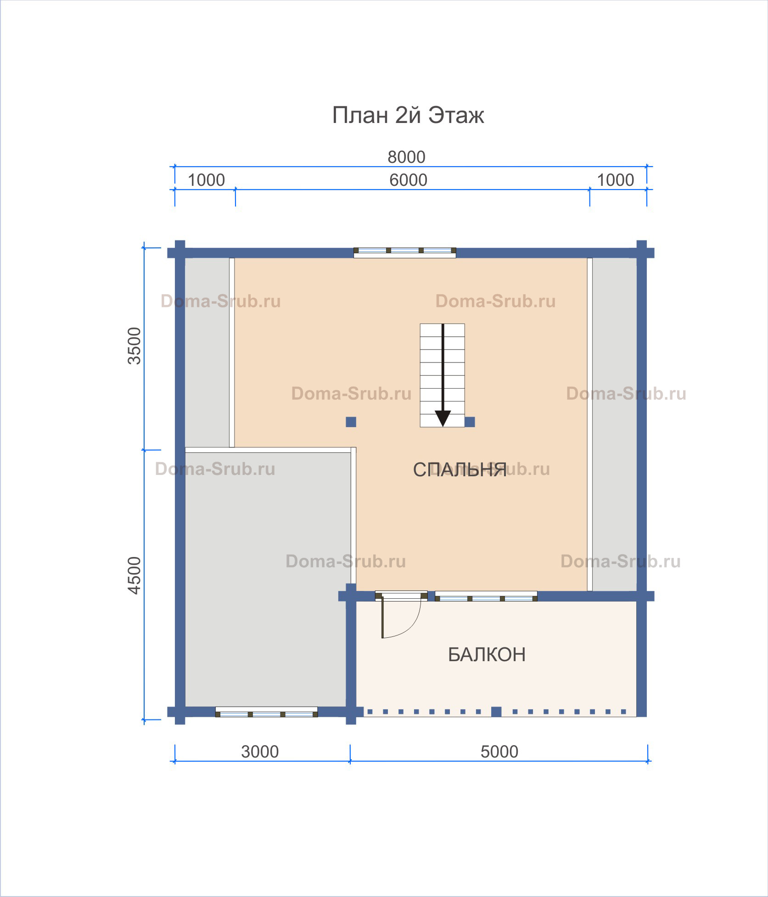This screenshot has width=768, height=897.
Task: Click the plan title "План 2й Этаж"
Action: (x=408, y=115)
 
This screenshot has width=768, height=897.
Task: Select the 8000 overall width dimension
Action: (x=406, y=157)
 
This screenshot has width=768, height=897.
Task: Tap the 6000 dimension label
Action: (x=408, y=180)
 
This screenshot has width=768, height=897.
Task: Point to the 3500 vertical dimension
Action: (x=135, y=345)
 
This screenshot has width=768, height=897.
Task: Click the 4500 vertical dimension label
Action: (x=135, y=575)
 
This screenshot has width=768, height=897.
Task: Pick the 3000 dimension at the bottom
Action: (x=260, y=752)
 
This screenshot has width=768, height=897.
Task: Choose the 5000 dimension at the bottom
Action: (x=499, y=752)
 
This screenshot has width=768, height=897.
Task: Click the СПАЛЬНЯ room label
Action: (x=460, y=470)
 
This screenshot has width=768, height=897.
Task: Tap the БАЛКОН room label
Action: (x=487, y=655)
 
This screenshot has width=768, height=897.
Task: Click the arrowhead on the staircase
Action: (x=443, y=418)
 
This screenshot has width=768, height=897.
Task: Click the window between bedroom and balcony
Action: (x=486, y=597)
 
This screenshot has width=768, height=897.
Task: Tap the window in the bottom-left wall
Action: (x=266, y=713)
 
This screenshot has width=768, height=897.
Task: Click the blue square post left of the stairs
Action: (x=351, y=422)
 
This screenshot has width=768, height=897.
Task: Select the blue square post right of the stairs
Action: (x=470, y=422)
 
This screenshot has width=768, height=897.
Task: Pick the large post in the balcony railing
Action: (x=496, y=712)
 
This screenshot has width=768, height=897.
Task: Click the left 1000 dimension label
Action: (x=206, y=180)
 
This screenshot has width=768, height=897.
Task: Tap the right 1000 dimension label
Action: (x=615, y=180)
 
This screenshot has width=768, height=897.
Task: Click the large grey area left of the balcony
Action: (x=265, y=579)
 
